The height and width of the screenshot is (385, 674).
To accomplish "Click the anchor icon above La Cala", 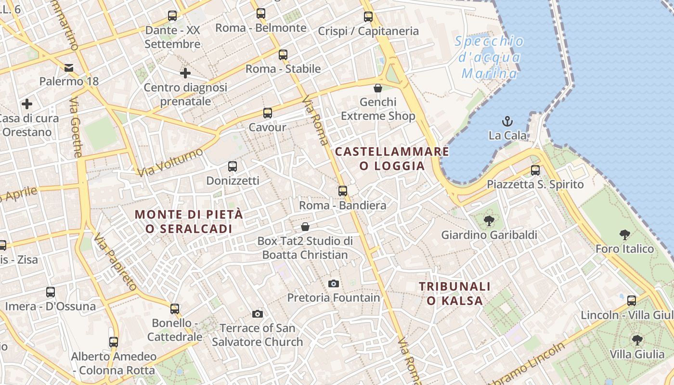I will tap(507, 121).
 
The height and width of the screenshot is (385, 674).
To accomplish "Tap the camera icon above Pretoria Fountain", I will tap(333, 283).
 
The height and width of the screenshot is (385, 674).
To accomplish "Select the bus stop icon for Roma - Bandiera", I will tap(342, 191).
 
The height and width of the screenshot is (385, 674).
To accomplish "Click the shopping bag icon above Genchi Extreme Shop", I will tap(378, 88).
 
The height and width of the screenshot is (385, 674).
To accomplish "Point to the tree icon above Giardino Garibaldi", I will tap(489, 221).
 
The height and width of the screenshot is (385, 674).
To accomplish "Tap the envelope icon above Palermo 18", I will tap(69, 67).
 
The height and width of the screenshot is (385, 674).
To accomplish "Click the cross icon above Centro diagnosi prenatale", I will tap(185, 73).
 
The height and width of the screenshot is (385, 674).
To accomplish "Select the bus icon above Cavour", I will tap(267, 113).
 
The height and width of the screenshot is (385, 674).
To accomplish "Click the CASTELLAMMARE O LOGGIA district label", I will tap(392, 159).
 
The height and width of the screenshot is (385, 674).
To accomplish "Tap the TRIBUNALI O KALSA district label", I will tap(454, 294).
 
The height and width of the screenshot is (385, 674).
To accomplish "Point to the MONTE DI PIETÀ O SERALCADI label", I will tap(189, 221).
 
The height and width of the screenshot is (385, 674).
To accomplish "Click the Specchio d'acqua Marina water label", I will tap(489, 57).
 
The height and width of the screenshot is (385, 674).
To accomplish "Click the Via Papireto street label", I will tap(116, 262).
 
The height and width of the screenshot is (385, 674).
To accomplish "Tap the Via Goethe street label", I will tap(76, 128).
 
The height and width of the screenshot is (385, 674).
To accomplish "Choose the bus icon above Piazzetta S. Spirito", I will tap(535, 170).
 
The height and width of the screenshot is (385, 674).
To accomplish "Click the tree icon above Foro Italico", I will tap(625, 235).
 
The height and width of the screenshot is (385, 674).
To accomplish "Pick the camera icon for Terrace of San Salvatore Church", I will tap(258, 314).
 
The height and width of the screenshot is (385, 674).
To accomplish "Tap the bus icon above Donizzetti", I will tap(233, 167).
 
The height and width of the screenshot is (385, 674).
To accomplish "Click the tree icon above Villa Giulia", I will tap(637, 340).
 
